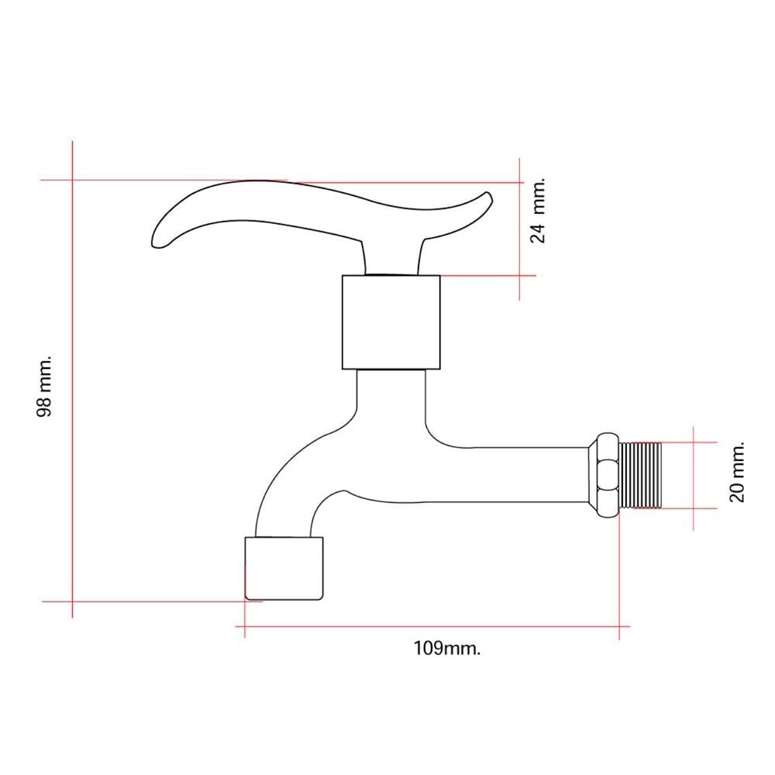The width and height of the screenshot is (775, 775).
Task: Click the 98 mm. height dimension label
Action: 44,385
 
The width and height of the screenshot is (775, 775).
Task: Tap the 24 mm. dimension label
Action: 538,211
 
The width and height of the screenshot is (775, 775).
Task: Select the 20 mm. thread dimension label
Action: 736,473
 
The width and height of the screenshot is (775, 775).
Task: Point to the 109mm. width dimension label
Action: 447,648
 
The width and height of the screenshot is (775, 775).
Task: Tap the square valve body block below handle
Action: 391,322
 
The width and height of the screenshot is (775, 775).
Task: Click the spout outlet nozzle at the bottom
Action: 284,568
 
